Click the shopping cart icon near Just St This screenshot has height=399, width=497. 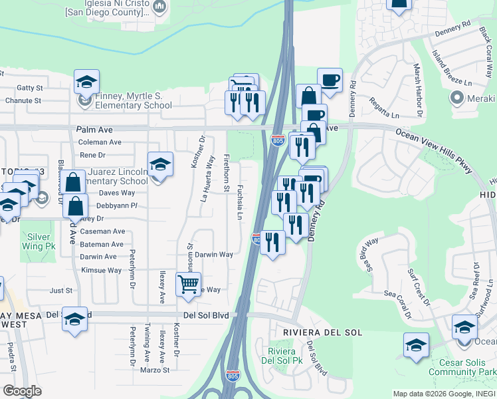[x=189, y=284]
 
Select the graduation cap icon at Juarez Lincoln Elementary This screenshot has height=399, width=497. [x=160, y=164]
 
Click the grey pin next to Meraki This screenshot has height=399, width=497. [x=457, y=98]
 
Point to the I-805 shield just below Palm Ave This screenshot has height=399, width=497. [x=278, y=141]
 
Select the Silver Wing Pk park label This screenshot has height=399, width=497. [x=39, y=241]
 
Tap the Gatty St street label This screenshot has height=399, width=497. [x=30, y=88]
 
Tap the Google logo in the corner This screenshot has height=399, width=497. [x=23, y=391]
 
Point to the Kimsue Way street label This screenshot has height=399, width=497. [x=101, y=270]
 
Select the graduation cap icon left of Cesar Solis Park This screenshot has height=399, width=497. [x=416, y=345]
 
